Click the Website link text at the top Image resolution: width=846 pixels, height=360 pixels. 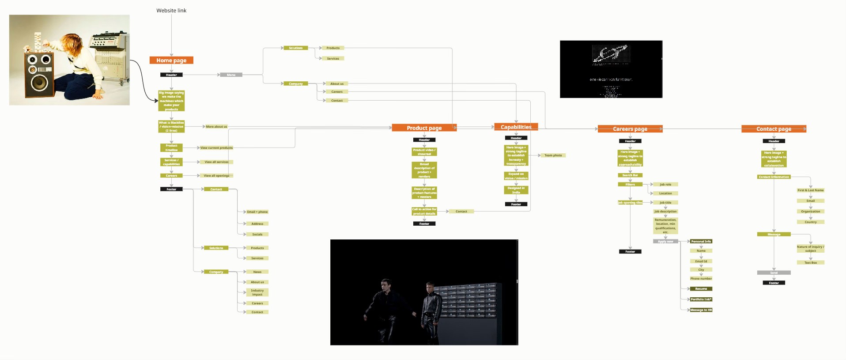click(x=171, y=11)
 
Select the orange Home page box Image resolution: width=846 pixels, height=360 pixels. click(x=171, y=61)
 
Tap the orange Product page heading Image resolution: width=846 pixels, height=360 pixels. click(x=424, y=128)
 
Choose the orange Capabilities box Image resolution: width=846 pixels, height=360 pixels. click(x=516, y=127)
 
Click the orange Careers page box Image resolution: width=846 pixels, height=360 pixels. click(x=630, y=129)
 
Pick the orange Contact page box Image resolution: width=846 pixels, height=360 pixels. click(x=774, y=129)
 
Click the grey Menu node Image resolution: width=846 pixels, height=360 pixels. click(x=231, y=75)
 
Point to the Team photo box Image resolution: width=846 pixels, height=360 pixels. click(x=553, y=155)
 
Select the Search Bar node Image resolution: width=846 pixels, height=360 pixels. click(x=630, y=175)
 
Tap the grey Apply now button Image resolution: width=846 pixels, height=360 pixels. click(x=665, y=242)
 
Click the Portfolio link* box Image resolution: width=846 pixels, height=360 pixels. click(x=701, y=299)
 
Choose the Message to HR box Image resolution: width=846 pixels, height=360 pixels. click(x=701, y=310)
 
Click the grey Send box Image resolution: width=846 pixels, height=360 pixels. click(x=774, y=273)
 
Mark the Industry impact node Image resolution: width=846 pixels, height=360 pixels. click(x=257, y=292)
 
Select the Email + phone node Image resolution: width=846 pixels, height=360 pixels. click(x=257, y=212)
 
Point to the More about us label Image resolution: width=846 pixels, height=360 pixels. click(x=216, y=127)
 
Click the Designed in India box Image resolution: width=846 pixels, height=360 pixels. click(x=516, y=190)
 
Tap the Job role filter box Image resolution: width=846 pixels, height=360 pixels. click(x=665, y=185)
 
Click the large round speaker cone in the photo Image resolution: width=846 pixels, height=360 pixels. click(x=39, y=83)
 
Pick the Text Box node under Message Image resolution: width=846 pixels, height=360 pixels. click(x=810, y=263)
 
